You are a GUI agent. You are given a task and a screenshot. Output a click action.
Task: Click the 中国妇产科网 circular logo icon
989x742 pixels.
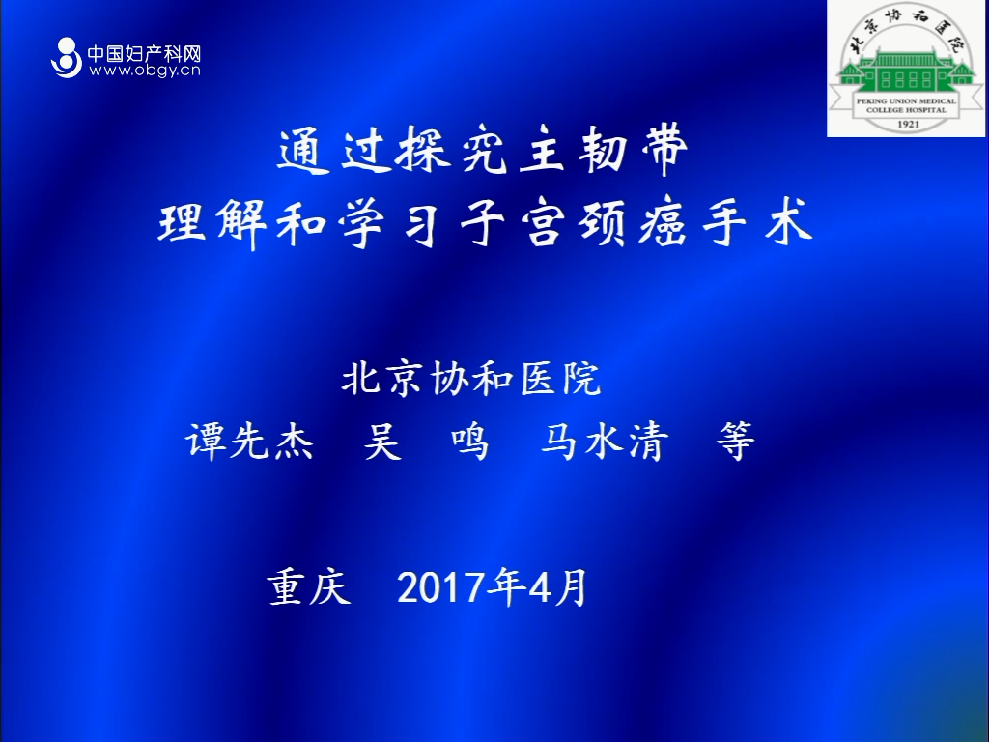67,57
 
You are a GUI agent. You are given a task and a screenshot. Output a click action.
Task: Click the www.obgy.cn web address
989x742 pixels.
145,70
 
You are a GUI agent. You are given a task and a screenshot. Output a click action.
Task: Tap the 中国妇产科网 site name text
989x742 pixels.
144,53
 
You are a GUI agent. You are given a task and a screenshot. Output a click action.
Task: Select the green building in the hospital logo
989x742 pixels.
906,73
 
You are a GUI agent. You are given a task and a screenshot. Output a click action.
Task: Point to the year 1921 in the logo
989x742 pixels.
908,124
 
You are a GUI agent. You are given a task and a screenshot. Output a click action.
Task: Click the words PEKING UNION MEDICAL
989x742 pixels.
906,100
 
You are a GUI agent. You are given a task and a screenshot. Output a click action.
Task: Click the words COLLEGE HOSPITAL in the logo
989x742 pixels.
906,110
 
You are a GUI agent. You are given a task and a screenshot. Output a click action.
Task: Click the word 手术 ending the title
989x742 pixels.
757,223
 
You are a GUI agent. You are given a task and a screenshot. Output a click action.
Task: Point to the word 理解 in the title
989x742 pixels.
212,224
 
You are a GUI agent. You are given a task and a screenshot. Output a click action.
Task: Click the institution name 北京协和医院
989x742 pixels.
471,379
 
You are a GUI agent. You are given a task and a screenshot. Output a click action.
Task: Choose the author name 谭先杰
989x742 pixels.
249,441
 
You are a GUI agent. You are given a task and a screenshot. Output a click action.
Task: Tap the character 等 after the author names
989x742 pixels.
735,441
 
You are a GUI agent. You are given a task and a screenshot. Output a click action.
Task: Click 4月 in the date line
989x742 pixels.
558,587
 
